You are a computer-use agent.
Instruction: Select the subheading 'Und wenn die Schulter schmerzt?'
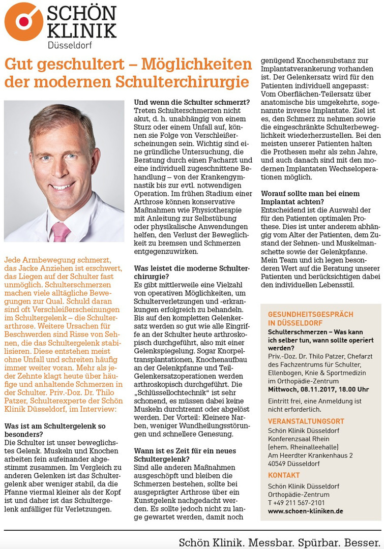pyautogui.click(x=191, y=102)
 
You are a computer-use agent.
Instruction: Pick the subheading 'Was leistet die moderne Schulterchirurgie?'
pyautogui.click(x=191, y=272)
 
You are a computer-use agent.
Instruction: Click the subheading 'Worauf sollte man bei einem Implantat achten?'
pyautogui.click(x=310, y=198)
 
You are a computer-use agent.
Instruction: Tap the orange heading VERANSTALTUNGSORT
pyautogui.click(x=306, y=421)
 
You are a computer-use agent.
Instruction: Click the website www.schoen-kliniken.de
pyautogui.click(x=306, y=511)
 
